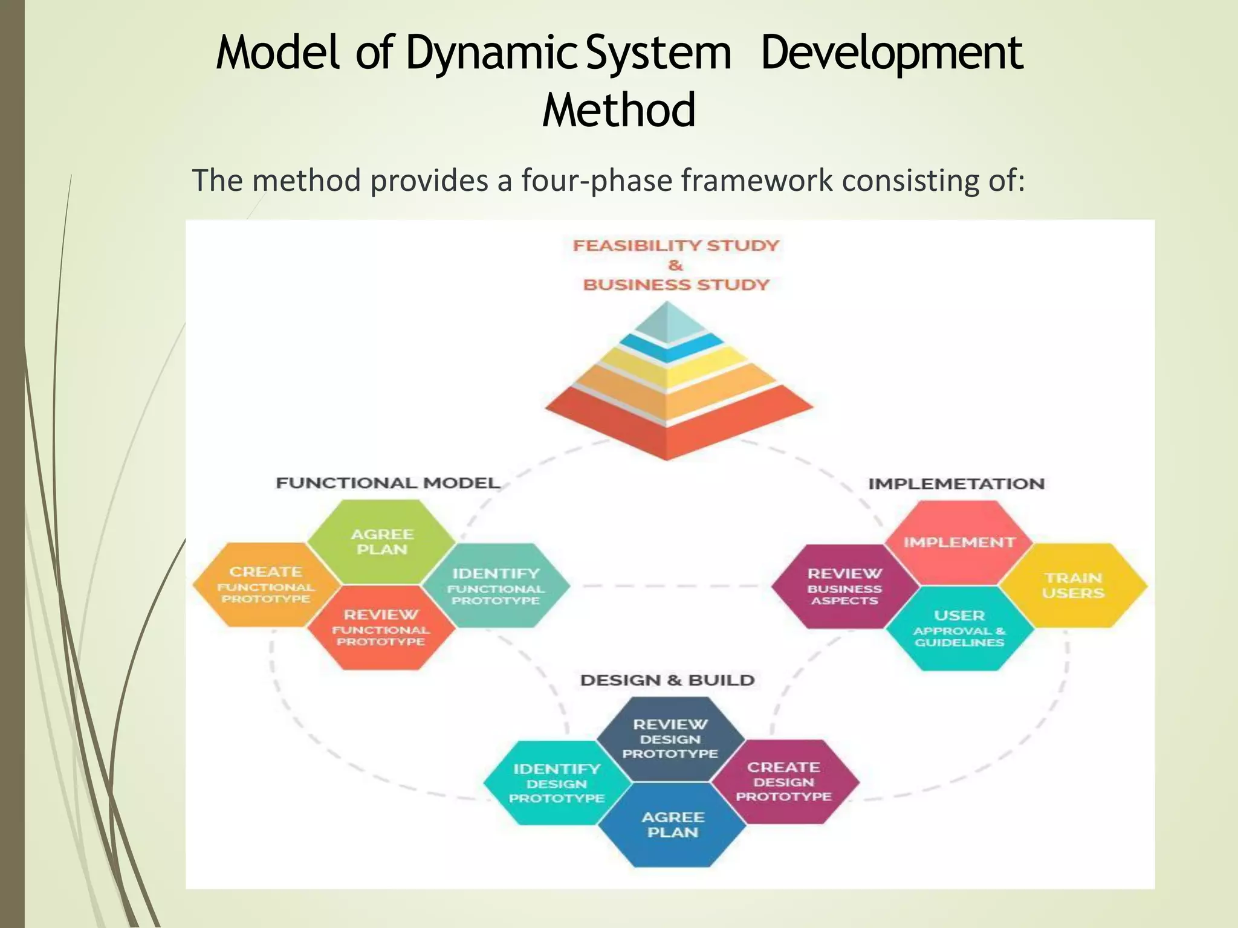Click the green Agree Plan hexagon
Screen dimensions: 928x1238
click(381, 542)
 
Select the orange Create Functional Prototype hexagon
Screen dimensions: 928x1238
click(266, 584)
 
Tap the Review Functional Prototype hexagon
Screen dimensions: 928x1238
click(381, 628)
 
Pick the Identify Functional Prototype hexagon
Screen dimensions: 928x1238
click(496, 585)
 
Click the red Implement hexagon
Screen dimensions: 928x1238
click(959, 542)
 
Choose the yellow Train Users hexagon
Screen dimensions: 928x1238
click(1073, 585)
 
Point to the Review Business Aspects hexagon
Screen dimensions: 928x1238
click(844, 586)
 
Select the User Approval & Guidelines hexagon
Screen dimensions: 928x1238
click(959, 628)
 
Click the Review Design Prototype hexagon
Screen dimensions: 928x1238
click(670, 738)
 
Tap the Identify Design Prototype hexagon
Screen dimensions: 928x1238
click(557, 783)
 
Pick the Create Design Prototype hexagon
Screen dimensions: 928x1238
click(784, 781)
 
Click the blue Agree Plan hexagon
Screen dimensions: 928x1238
click(672, 825)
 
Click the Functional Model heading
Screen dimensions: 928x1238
click(387, 483)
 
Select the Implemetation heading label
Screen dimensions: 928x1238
click(956, 483)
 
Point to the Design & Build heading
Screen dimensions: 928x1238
click(667, 680)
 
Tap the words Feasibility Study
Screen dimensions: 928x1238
click(676, 245)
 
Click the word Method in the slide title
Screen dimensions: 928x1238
click(618, 110)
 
